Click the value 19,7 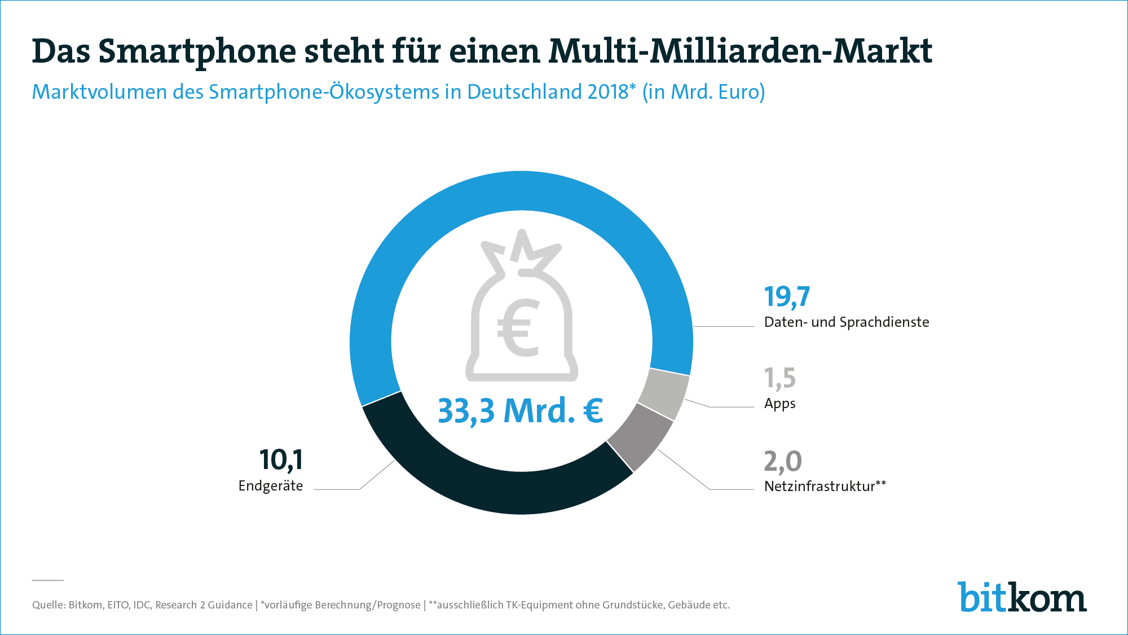(x=787, y=297)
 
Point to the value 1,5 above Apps (x=779, y=378)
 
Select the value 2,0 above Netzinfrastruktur (x=782, y=461)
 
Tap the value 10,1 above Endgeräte (x=281, y=460)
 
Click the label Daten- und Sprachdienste (x=846, y=322)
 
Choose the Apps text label (x=779, y=404)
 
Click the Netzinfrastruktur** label (x=825, y=486)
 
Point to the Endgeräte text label (x=271, y=486)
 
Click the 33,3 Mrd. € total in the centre (x=520, y=410)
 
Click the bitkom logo (x=1021, y=597)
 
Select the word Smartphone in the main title (x=197, y=52)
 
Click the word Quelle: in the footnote (x=49, y=605)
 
